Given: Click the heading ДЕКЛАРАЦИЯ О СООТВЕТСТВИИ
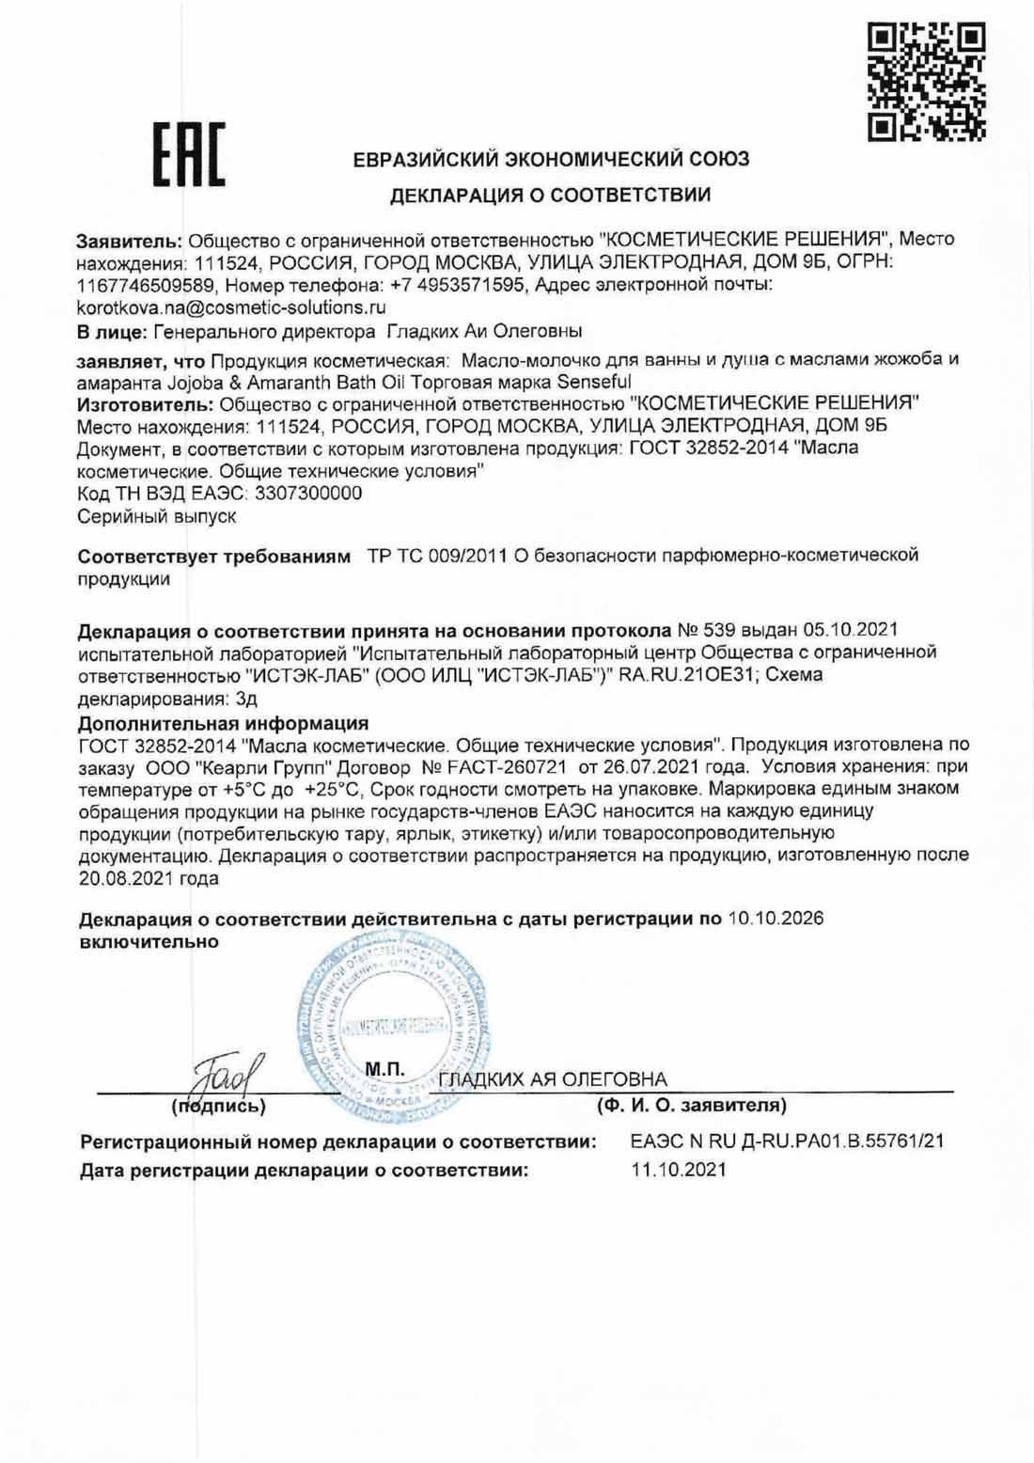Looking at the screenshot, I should [551, 197].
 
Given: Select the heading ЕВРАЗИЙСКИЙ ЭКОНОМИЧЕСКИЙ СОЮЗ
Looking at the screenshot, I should [551, 159].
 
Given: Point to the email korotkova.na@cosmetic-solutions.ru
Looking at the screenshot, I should [231, 307].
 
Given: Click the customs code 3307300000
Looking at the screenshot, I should [307, 494].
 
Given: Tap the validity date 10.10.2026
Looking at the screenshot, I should [775, 919].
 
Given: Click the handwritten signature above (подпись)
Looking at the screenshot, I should [218, 1070].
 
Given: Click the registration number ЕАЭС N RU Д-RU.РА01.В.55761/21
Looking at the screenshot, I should [787, 1141].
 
